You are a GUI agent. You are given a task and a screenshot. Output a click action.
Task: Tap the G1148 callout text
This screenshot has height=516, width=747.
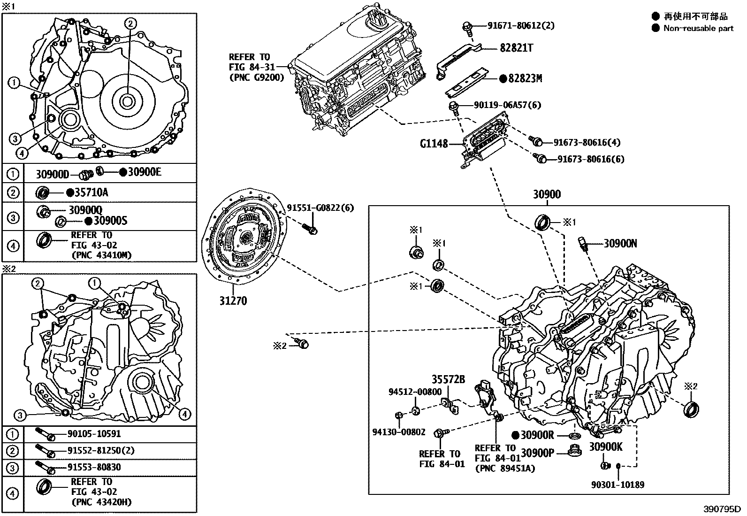click(434, 143)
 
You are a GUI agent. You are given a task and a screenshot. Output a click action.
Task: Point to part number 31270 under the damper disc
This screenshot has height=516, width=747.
click(233, 300)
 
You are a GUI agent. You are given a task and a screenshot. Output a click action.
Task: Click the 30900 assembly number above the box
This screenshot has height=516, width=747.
click(547, 194)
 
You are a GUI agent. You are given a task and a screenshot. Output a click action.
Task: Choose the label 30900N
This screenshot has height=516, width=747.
click(620, 243)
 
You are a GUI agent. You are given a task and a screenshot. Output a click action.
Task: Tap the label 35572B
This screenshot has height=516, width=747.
click(448, 379)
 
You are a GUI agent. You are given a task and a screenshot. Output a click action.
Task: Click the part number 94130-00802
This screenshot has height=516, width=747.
click(399, 432)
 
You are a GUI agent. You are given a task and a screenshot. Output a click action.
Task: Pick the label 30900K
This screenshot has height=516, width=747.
click(606, 447)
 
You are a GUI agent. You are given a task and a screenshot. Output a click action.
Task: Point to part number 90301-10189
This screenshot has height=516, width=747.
click(618, 485)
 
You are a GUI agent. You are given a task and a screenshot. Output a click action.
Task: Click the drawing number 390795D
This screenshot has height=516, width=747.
click(721, 509)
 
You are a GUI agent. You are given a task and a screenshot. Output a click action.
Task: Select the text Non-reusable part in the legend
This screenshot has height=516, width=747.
click(698, 28)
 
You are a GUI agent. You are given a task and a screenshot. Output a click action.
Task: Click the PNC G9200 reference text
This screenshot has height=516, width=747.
click(256, 77)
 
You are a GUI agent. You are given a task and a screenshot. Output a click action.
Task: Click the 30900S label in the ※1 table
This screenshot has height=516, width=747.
click(110, 221)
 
